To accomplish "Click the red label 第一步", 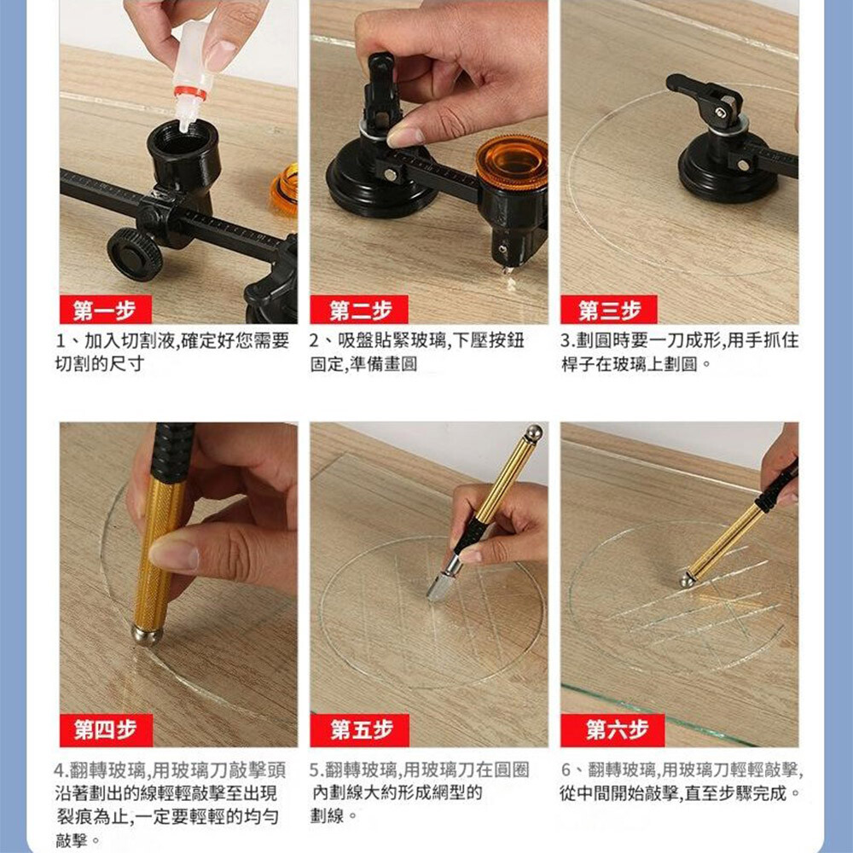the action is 105,310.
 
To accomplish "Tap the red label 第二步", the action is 360,310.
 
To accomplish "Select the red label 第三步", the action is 609,310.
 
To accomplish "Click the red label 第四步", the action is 106,730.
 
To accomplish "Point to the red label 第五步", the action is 360,730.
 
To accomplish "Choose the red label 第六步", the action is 613,730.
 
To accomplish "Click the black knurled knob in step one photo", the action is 135,254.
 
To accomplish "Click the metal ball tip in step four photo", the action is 147,635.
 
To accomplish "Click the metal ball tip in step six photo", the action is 687,580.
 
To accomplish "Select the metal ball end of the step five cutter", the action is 533,433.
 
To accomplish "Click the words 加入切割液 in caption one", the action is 130,341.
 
